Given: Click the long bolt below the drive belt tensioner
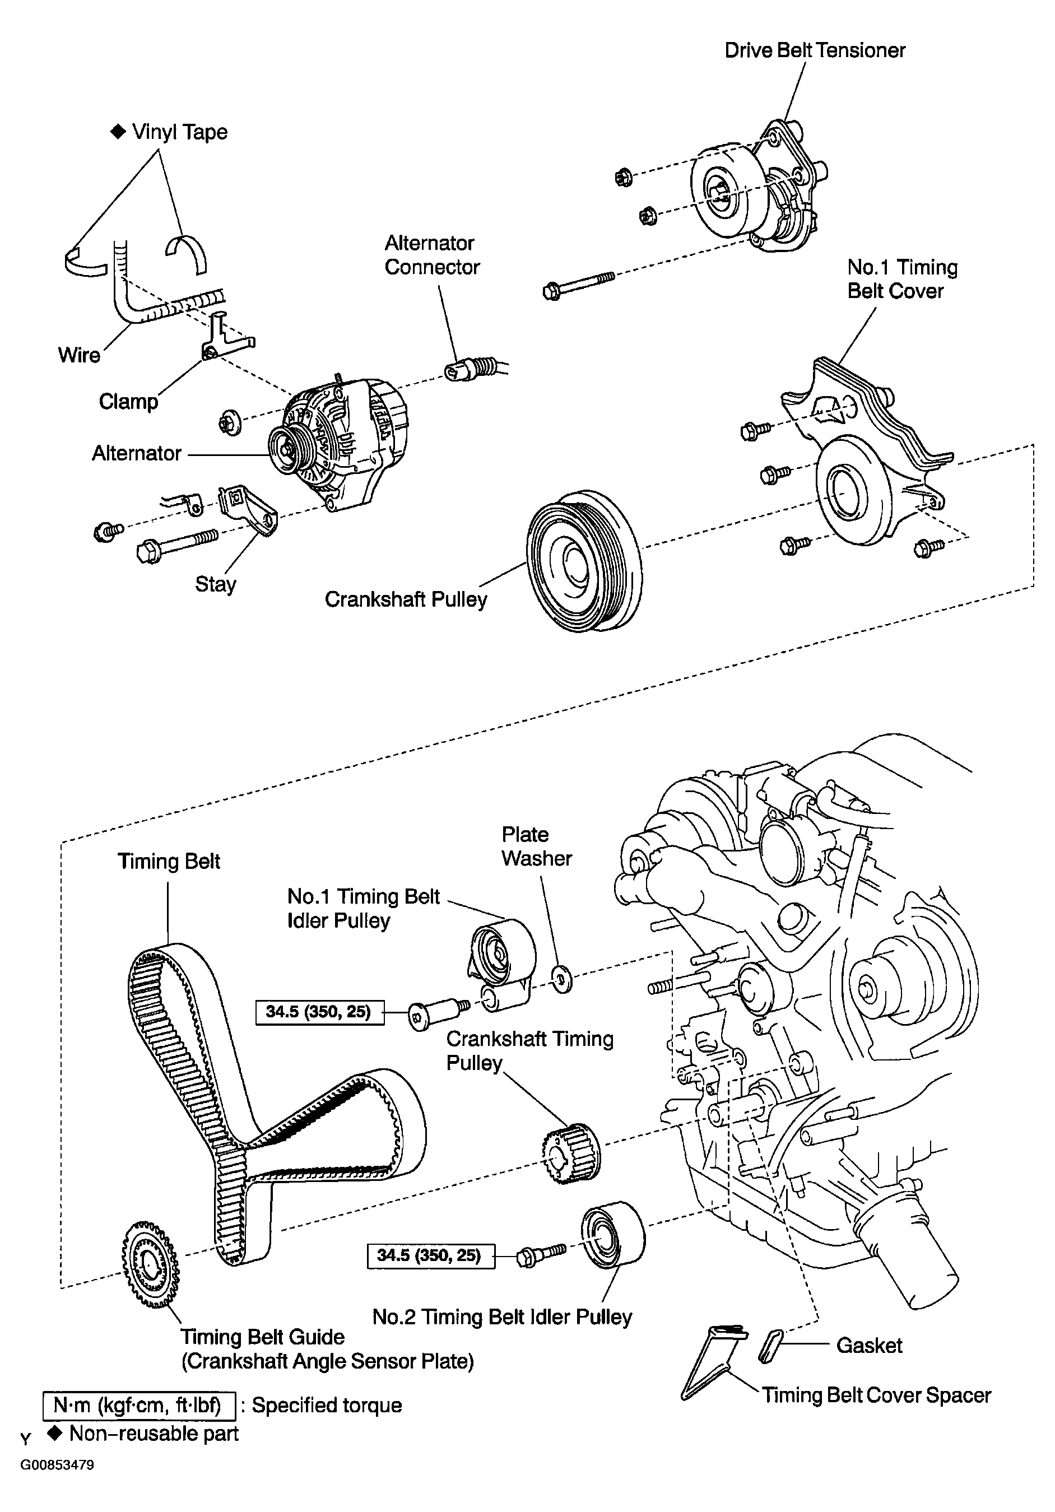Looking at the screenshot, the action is tap(579, 285).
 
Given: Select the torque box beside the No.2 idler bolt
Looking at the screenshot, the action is tap(430, 1255).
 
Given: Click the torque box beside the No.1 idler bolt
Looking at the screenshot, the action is tap(319, 1012).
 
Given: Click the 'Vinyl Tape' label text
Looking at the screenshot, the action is tap(180, 132).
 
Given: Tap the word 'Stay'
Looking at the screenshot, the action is tap(215, 584).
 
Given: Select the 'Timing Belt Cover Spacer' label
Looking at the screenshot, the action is tap(876, 1395).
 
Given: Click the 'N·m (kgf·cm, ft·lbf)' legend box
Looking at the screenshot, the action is tap(138, 1406).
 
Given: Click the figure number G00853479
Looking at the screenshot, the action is tap(57, 1466).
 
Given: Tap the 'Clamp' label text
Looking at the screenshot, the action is tap(128, 402).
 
